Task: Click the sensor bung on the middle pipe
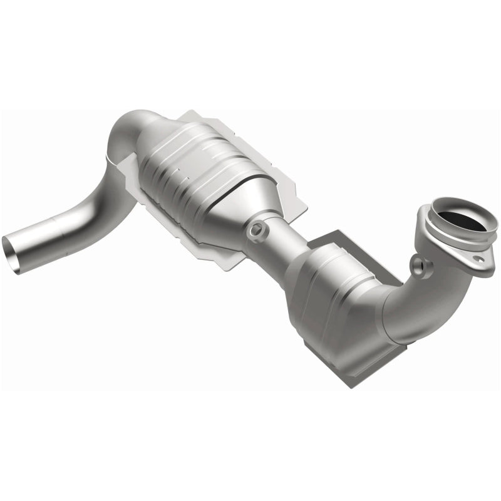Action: [x=254, y=232]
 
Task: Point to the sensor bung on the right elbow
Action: [x=426, y=267]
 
